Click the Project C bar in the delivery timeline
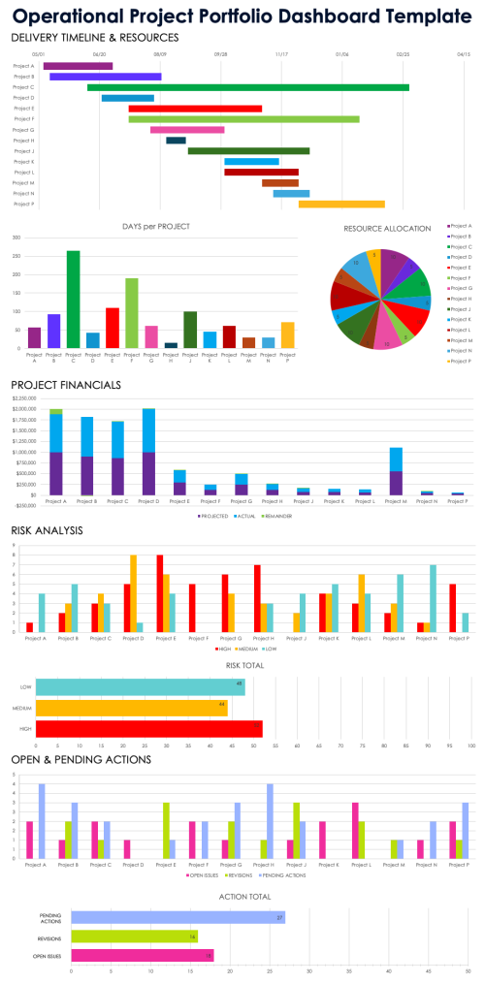[x=247, y=87]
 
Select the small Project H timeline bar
[x=176, y=141]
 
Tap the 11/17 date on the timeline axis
[x=281, y=55]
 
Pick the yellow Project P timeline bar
[x=341, y=205]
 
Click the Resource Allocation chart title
[x=387, y=228]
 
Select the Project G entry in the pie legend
[x=457, y=288]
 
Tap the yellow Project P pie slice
[x=374, y=262]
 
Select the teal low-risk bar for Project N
[x=434, y=598]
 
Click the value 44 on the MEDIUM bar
[x=222, y=704]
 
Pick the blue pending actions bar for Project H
[x=270, y=823]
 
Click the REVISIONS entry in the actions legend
[x=236, y=874]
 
